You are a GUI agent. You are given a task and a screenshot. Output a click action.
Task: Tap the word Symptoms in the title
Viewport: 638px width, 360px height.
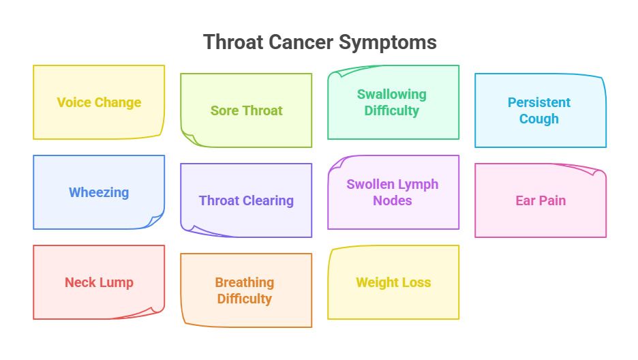[388, 42]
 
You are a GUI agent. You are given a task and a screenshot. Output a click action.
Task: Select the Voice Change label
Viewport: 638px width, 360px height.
[99, 103]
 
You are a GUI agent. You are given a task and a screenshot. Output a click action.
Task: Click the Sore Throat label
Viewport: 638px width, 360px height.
[246, 111]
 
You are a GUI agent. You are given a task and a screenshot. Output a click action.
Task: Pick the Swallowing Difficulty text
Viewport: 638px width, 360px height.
[392, 102]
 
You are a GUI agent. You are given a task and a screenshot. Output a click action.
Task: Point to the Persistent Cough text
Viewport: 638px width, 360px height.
[539, 110]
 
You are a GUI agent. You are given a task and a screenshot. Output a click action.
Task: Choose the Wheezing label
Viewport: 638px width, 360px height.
[99, 193]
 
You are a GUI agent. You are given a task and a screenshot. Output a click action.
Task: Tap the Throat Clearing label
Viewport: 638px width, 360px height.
[246, 201]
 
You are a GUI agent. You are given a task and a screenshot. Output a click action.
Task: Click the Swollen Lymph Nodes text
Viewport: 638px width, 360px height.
[392, 192]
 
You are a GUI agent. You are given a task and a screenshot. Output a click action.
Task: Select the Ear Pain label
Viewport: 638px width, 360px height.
[541, 201]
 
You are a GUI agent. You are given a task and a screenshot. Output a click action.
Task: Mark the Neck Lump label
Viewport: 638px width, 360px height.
[99, 283]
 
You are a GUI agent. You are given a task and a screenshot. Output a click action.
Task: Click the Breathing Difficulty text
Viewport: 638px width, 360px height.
[245, 290]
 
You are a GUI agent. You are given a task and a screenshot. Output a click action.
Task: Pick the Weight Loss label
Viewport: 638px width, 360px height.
[393, 283]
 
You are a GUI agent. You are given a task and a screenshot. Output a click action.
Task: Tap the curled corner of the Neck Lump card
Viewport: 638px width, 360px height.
[155, 312]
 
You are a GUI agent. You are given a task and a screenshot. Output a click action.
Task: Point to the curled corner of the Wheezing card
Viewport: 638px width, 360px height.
[157, 221]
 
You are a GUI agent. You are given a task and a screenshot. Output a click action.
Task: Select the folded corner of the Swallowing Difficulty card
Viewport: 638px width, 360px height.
[337, 73]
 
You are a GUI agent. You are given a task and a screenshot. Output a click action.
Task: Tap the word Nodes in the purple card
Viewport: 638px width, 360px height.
[392, 201]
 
